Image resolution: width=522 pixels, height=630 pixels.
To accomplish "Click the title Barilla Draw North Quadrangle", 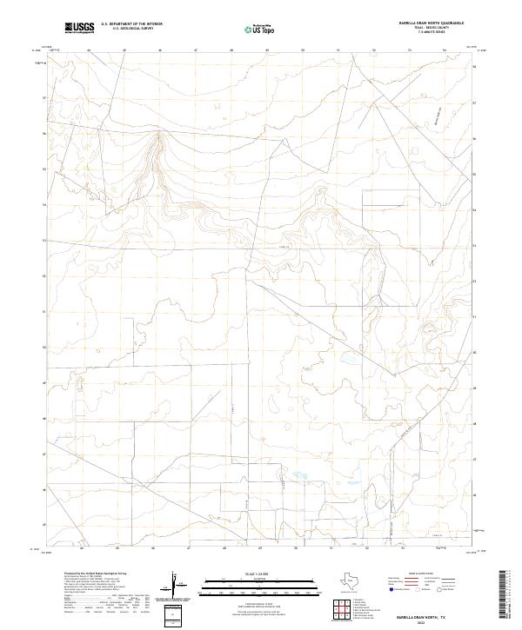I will (432, 23).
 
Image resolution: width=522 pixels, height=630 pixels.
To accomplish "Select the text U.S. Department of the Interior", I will (132, 24).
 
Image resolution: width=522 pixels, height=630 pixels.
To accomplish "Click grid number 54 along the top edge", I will (445, 50).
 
